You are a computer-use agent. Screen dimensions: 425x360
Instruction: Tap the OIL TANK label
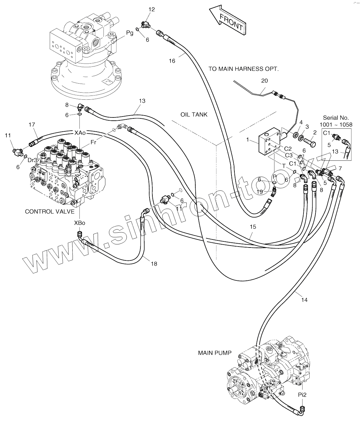pyautogui.click(x=194, y=115)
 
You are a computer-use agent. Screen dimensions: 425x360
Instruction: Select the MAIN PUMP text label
pyautogui.click(x=215, y=353)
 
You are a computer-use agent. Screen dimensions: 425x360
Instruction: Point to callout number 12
pyautogui.click(x=151, y=9)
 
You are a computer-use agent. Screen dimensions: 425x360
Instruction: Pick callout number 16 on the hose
pyautogui.click(x=172, y=61)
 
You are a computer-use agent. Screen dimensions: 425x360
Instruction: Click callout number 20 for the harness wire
pyautogui.click(x=264, y=81)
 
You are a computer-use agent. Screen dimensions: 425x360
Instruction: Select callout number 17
pyautogui.click(x=32, y=125)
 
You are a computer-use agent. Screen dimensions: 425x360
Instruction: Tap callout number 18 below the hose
pyautogui.click(x=154, y=264)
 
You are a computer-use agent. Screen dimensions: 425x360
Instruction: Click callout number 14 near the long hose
pyautogui.click(x=304, y=300)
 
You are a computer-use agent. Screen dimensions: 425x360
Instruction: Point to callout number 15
pyautogui.click(x=253, y=227)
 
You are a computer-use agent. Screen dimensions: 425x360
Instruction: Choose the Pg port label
pyautogui.click(x=129, y=33)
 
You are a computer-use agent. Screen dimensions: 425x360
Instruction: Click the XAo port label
pyautogui.click(x=80, y=133)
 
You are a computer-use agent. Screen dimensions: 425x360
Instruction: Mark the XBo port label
pyautogui.click(x=80, y=223)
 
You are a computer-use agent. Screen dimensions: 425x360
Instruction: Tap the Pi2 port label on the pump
pyautogui.click(x=302, y=394)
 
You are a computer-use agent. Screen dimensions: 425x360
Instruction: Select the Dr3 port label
pyautogui.click(x=32, y=160)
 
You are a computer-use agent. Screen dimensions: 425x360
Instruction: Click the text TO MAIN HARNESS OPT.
pyautogui.click(x=243, y=69)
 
